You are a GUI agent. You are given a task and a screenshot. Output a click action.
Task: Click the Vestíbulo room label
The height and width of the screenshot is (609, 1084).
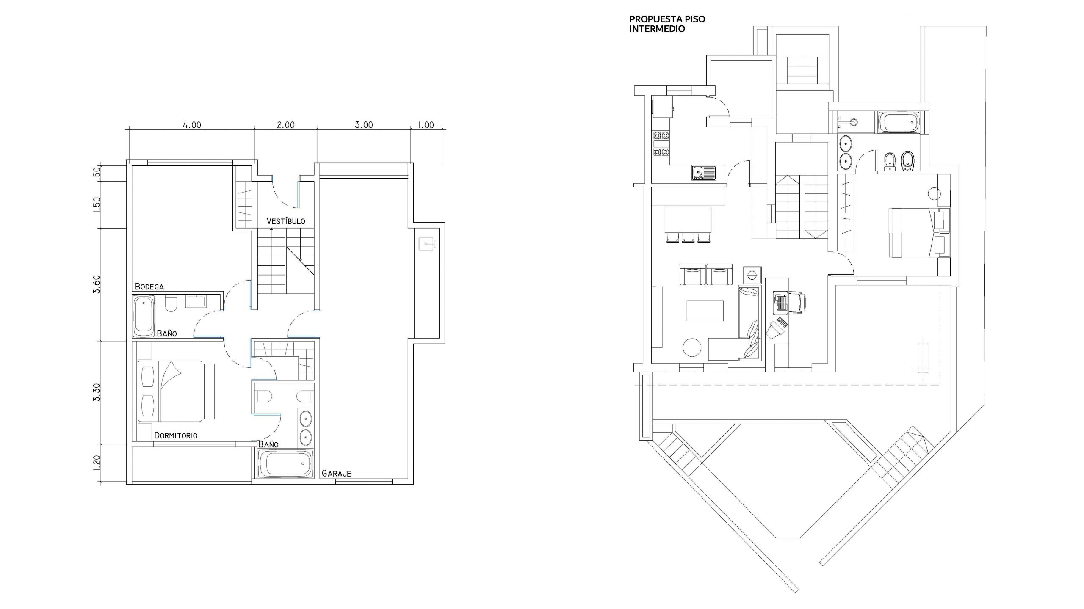[286, 221]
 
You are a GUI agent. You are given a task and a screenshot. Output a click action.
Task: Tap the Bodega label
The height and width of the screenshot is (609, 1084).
[149, 287]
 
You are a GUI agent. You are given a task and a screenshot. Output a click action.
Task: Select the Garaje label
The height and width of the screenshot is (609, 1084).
[336, 473]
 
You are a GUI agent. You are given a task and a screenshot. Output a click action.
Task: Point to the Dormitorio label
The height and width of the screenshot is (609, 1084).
[176, 435]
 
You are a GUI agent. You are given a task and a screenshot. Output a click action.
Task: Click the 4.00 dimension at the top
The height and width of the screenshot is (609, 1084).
[192, 125]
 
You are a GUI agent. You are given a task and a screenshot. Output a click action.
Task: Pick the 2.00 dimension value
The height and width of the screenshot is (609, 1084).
[286, 125]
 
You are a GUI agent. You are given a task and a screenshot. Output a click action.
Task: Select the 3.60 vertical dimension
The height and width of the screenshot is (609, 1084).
[97, 284]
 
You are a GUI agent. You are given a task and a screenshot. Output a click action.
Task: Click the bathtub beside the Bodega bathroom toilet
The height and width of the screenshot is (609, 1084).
[144, 316]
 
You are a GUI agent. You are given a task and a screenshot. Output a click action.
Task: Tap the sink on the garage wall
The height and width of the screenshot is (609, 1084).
[427, 244]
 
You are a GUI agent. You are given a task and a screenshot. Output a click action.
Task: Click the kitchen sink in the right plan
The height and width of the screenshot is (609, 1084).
[704, 173]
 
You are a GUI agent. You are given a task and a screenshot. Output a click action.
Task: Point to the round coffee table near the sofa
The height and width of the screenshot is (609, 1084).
[693, 348]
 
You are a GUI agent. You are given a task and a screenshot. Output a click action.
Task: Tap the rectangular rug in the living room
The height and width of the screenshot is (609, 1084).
[705, 311]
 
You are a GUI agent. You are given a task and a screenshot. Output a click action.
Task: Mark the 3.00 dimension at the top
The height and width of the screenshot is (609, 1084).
[364, 125]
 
